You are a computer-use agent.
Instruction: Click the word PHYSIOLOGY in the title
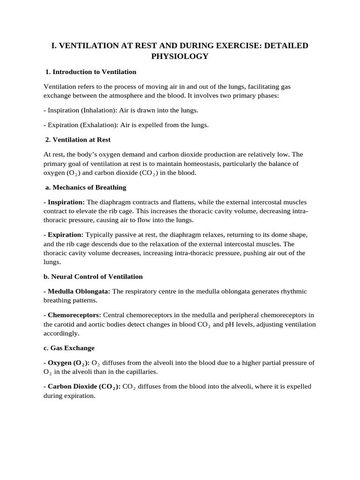coord(180,57)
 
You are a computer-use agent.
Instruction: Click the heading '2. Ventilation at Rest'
coord(78,140)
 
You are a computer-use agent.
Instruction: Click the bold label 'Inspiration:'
coord(64,202)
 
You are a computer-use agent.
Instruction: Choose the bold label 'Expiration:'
coord(63,234)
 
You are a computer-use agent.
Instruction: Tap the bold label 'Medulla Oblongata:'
coord(77,291)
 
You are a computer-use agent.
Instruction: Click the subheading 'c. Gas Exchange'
coord(69,348)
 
